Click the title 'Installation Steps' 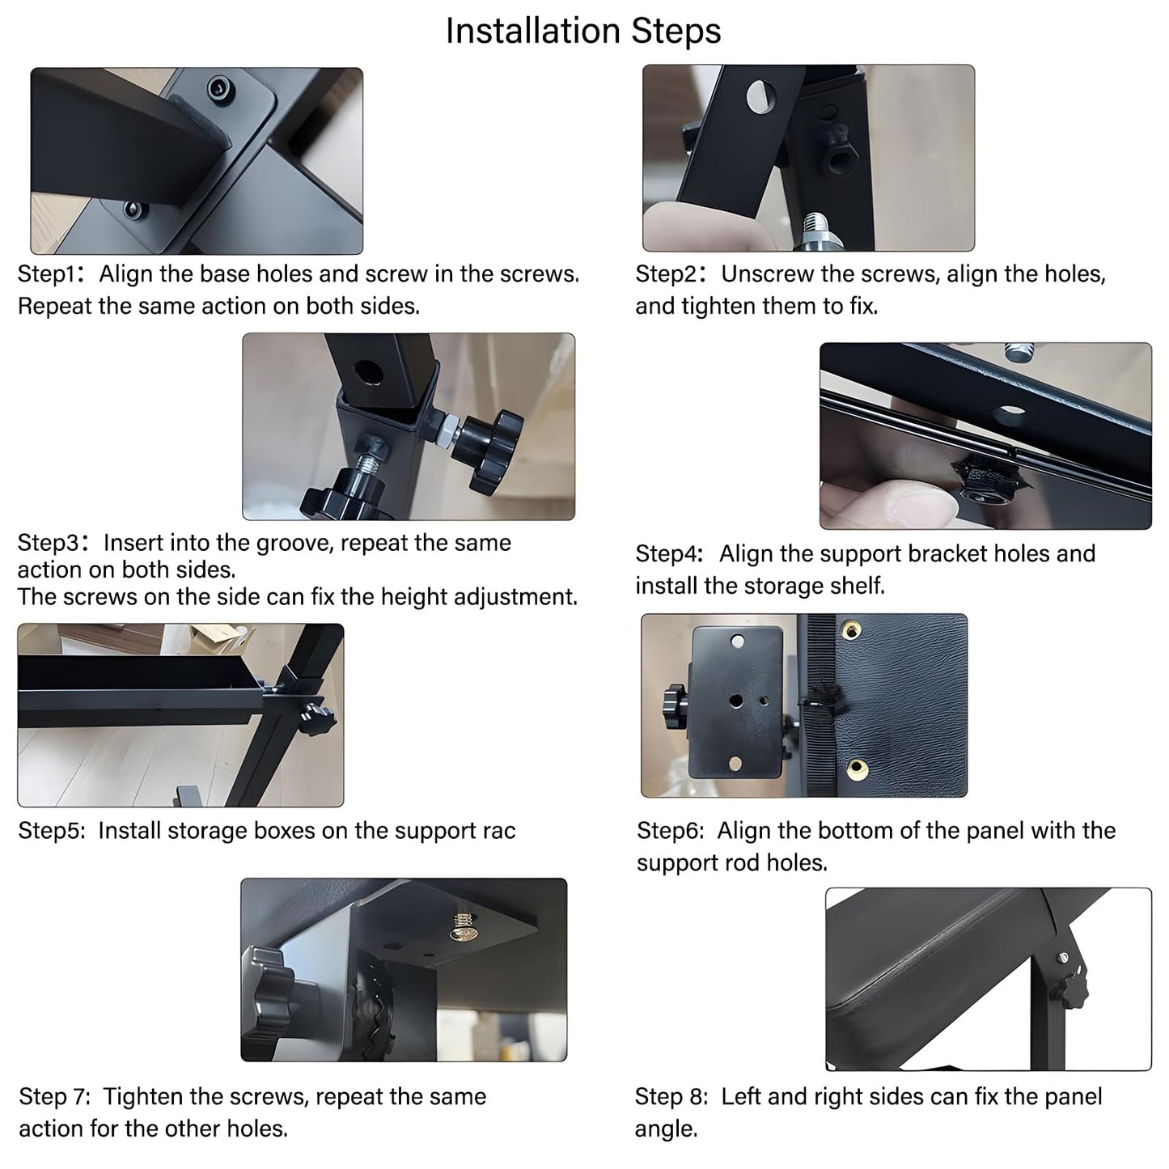coord(583,32)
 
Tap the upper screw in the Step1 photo coord(218,88)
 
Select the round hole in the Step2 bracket coord(760,96)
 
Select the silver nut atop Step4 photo coord(1016,352)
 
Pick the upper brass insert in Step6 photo coord(851,628)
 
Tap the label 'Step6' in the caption coord(667,831)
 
